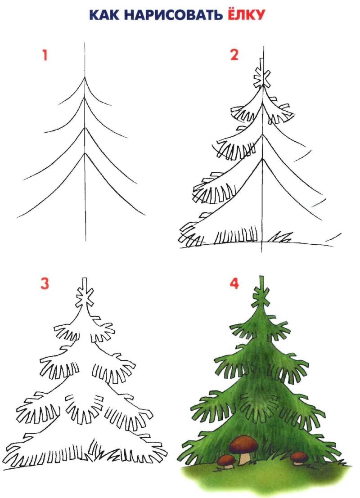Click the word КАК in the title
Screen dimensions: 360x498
point(103,14)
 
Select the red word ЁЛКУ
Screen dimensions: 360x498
point(246,14)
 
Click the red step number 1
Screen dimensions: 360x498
point(45,55)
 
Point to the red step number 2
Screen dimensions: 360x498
point(234,55)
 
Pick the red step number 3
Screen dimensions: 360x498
point(45,283)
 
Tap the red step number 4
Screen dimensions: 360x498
point(234,283)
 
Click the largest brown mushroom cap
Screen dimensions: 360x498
point(244,444)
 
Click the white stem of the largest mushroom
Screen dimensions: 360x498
point(245,459)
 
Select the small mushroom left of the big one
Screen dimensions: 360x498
point(226,461)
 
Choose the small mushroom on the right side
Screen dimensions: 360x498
point(299,458)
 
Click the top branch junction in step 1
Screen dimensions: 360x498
point(85,77)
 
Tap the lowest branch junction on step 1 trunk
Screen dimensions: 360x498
point(85,154)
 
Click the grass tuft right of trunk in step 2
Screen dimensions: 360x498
point(280,237)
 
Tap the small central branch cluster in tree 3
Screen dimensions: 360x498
point(84,408)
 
